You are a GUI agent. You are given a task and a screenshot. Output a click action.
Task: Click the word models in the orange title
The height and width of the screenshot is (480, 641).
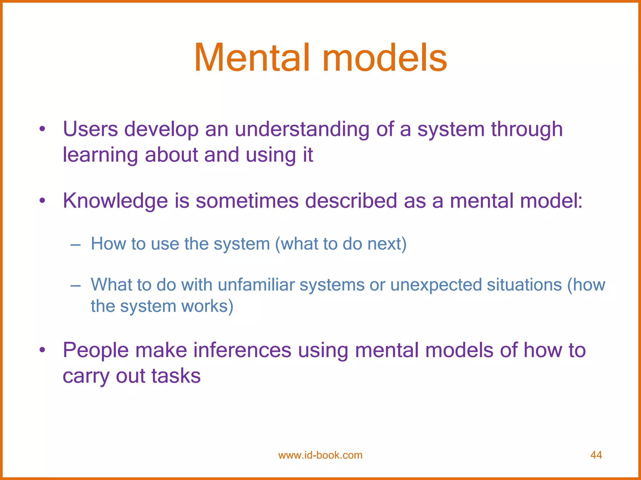pyautogui.click(x=385, y=58)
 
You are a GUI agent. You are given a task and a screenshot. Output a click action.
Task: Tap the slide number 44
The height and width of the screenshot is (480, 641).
pyautogui.click(x=596, y=455)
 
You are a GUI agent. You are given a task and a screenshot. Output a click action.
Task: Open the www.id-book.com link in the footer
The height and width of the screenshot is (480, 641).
pyautogui.click(x=320, y=455)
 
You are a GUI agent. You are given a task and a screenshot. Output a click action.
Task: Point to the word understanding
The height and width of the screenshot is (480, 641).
pyautogui.click(x=302, y=130)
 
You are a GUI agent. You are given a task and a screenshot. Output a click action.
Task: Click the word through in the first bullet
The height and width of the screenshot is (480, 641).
pyautogui.click(x=527, y=130)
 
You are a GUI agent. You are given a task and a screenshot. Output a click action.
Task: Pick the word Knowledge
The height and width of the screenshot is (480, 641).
pyautogui.click(x=115, y=201)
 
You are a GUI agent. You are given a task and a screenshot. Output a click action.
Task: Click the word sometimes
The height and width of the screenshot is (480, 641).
pyautogui.click(x=247, y=201)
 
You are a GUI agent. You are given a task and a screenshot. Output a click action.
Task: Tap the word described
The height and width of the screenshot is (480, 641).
pyautogui.click(x=351, y=201)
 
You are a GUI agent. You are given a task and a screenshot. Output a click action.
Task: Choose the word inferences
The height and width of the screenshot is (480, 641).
pyautogui.click(x=242, y=350)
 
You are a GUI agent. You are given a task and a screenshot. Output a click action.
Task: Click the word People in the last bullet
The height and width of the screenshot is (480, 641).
pyautogui.click(x=95, y=351)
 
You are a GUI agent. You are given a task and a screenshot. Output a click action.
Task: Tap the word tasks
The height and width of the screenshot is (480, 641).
pyautogui.click(x=176, y=376)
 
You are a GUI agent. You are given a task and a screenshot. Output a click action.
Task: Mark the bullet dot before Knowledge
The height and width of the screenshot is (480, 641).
pyautogui.click(x=42, y=201)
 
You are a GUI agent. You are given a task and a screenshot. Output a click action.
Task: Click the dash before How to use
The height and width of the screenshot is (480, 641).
pyautogui.click(x=75, y=244)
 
